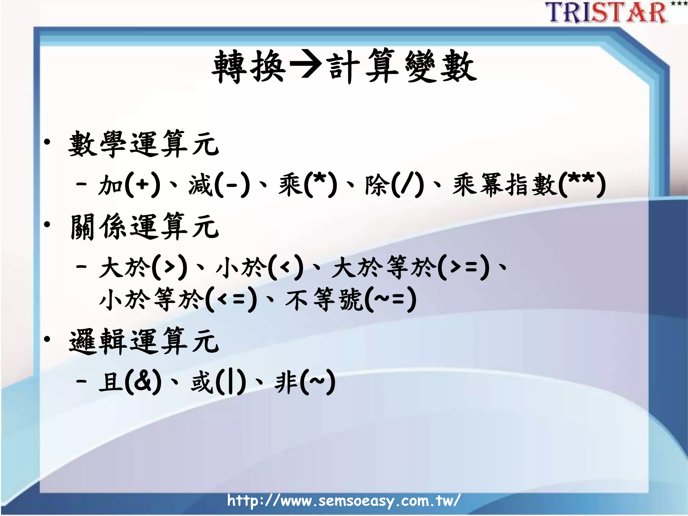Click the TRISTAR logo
606,13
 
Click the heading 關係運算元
144,227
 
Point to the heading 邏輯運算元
144,342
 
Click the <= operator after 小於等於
231,299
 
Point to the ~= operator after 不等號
390,298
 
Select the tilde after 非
317,382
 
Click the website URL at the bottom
344,501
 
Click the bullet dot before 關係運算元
47,224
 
